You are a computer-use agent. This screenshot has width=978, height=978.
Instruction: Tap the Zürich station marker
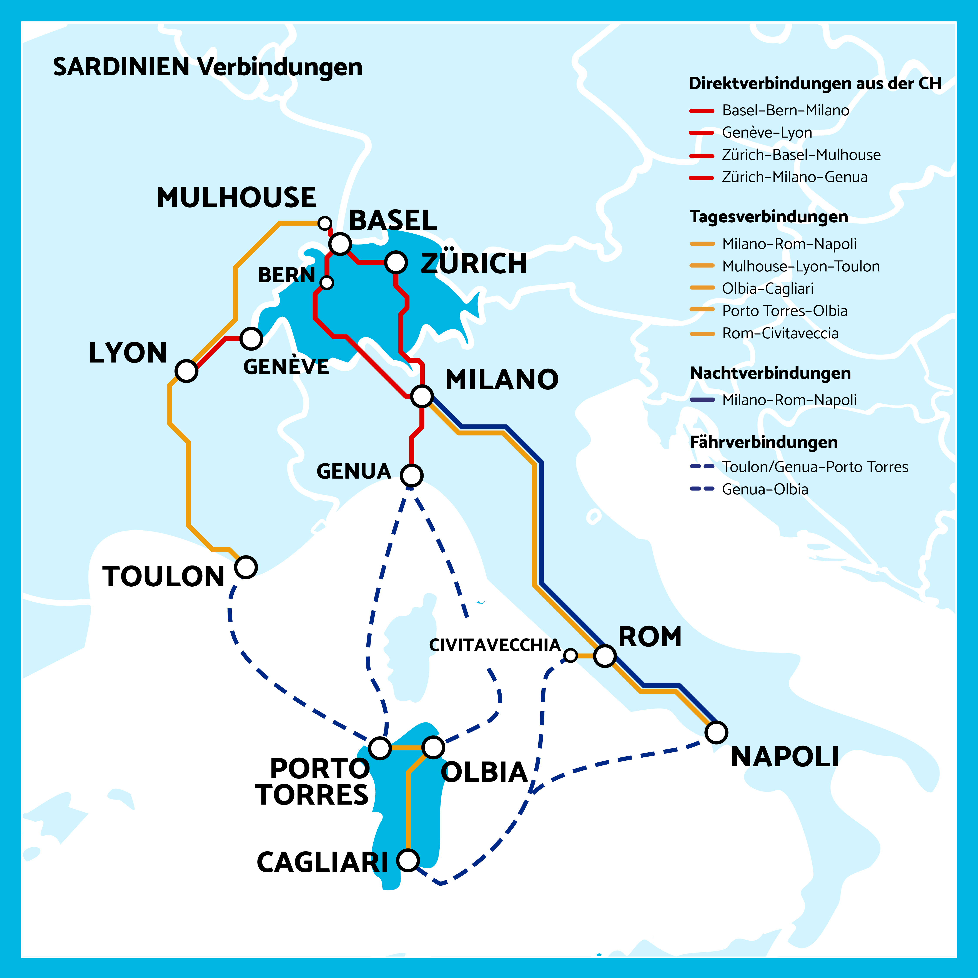[x=396, y=262]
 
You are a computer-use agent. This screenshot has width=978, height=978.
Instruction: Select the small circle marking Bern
[x=327, y=283]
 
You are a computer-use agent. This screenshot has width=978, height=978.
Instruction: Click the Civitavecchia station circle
[x=570, y=655]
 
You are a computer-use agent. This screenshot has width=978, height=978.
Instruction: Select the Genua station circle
[x=411, y=475]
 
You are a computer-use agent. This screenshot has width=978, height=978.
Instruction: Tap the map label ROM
[x=650, y=637]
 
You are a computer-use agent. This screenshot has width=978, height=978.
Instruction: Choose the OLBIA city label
[x=484, y=772]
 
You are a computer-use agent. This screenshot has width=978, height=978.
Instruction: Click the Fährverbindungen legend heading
[x=763, y=442]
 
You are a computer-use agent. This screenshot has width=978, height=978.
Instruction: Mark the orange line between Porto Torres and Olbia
[x=406, y=748]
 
